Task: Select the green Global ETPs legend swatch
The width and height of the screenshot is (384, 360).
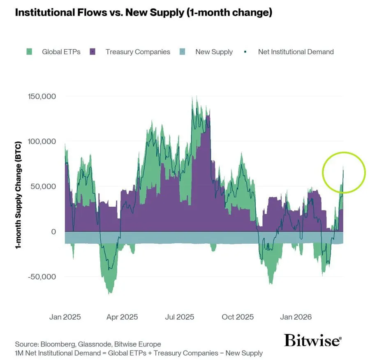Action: (x=29, y=52)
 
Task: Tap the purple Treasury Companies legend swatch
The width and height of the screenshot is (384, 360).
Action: (x=93, y=52)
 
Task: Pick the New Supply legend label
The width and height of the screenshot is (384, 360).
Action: (x=214, y=52)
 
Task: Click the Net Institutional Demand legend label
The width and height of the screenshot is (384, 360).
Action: (x=296, y=52)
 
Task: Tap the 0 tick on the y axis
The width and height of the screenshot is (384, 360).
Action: (x=53, y=232)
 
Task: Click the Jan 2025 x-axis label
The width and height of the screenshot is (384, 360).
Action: (x=65, y=317)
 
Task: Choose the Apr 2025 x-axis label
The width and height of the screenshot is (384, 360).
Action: (x=122, y=317)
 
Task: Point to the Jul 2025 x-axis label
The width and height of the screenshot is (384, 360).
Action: (x=180, y=317)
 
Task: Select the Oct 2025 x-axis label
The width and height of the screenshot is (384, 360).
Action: (x=238, y=317)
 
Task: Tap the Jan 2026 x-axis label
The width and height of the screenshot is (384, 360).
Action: (x=296, y=317)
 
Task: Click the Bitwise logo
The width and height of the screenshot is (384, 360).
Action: (x=313, y=341)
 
